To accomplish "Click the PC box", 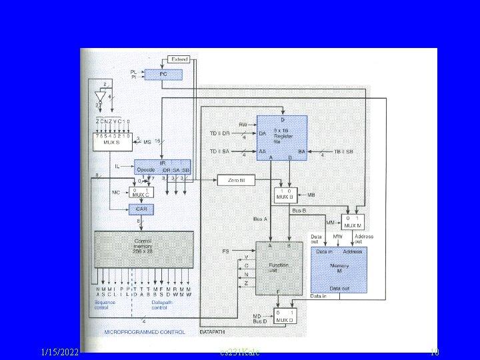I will pyautogui.click(x=163, y=75).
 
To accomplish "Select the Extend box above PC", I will pyautogui.click(x=179, y=59).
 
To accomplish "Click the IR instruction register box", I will pyautogui.click(x=163, y=167).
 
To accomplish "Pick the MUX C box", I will pyautogui.click(x=142, y=193).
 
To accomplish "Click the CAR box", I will pyautogui.click(x=142, y=209).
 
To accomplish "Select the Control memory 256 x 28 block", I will pyautogui.click(x=143, y=248).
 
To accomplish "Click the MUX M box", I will pyautogui.click(x=353, y=222).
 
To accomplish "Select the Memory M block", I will pyautogui.click(x=339, y=269).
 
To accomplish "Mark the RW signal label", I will pyautogui.click(x=243, y=124).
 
